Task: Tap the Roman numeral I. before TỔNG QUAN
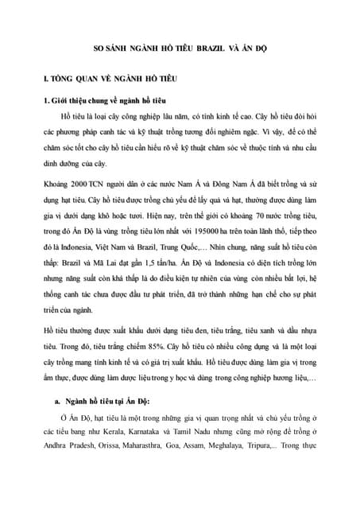[47, 80]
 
